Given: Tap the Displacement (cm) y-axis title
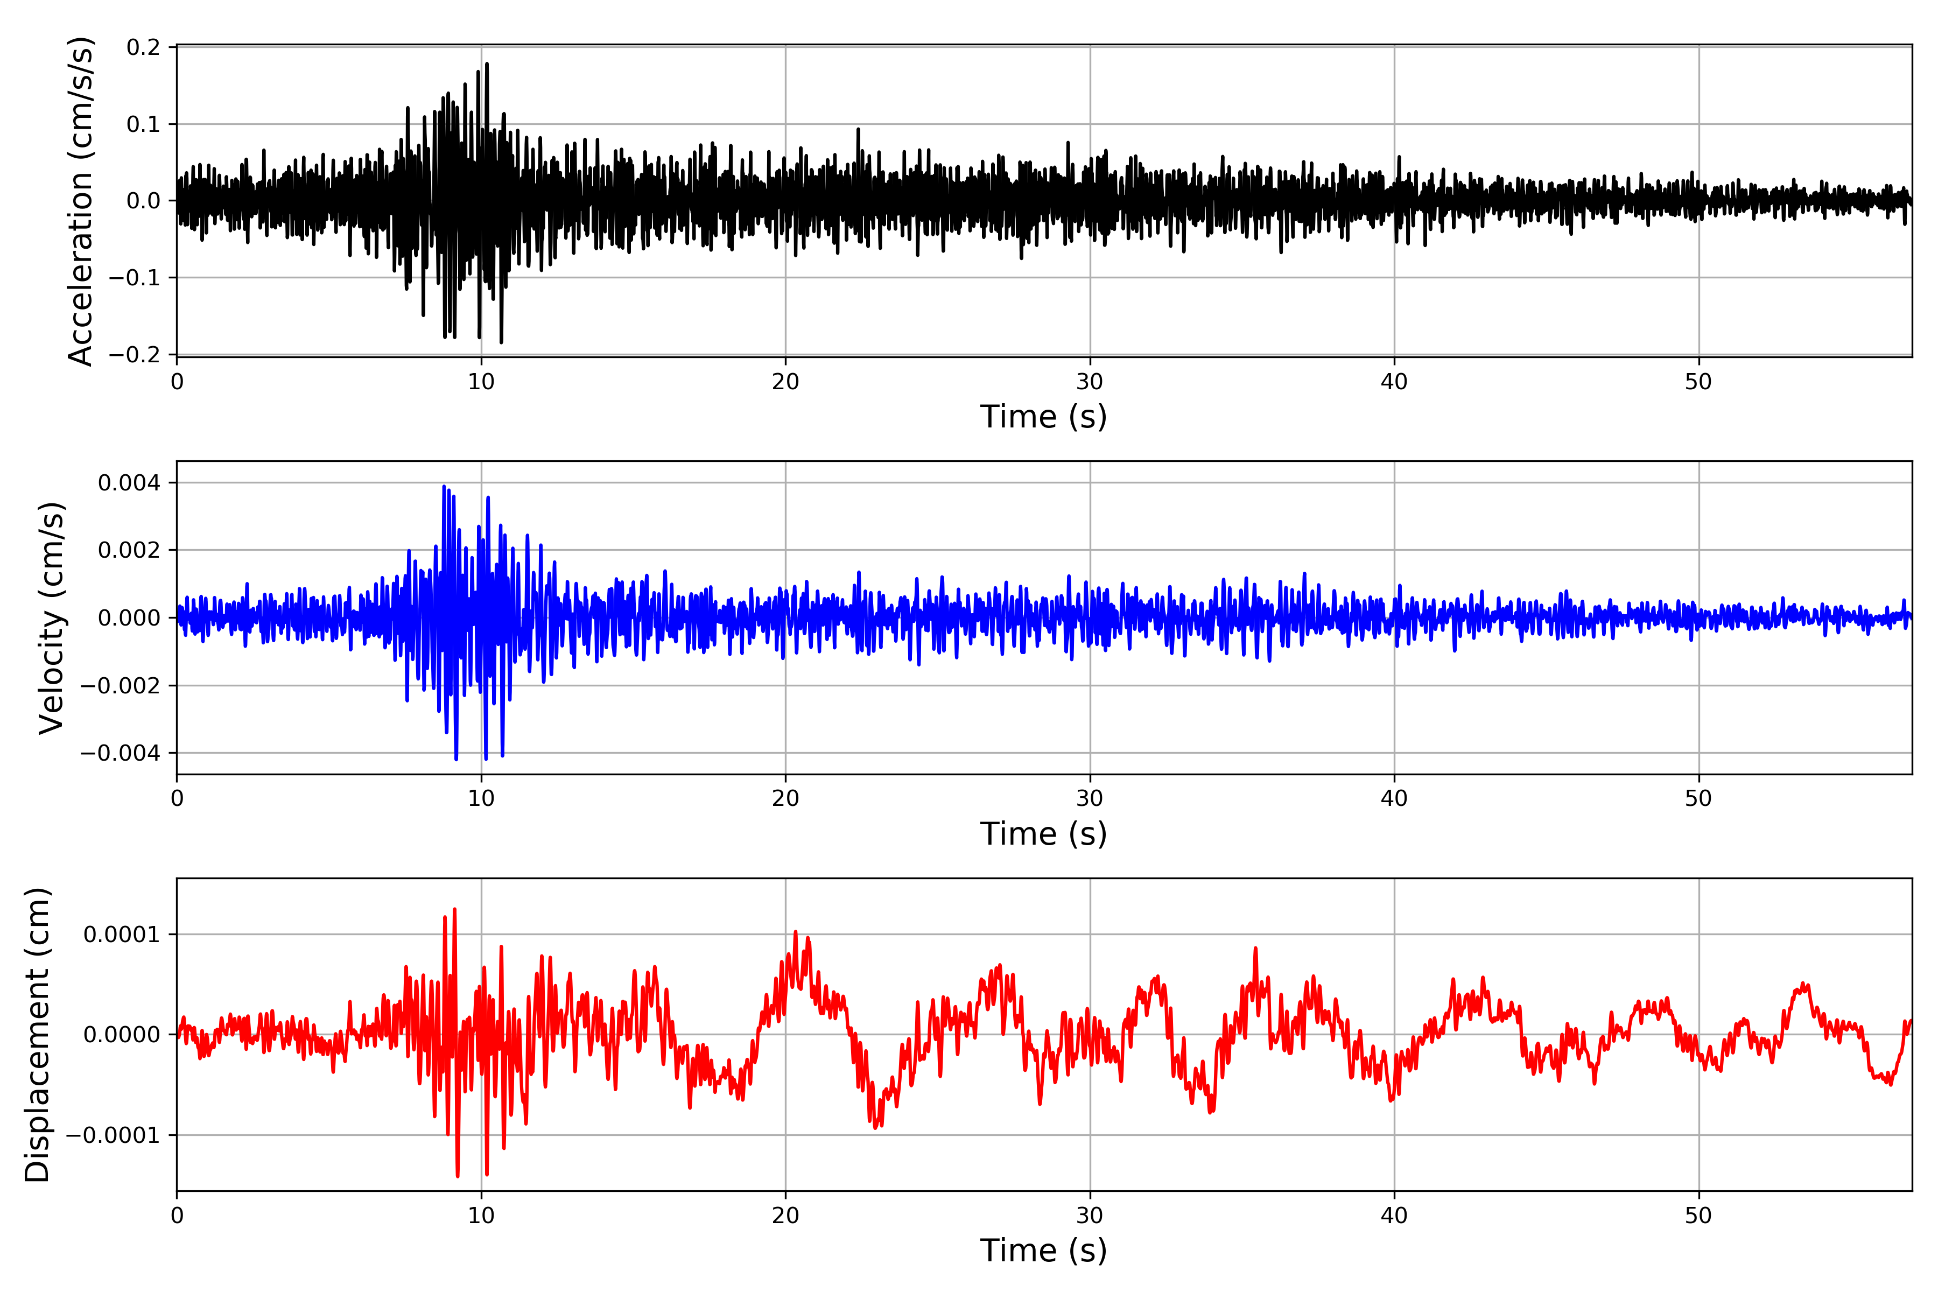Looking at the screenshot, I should click(37, 1034).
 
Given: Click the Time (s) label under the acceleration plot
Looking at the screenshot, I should click(1043, 417).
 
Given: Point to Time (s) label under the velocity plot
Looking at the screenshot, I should click(1043, 834).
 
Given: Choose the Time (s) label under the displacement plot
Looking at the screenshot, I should click(1043, 1251).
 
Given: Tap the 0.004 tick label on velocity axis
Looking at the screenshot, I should click(129, 483).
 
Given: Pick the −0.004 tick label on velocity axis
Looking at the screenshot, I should click(120, 753).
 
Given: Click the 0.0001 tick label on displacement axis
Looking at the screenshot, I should click(122, 935).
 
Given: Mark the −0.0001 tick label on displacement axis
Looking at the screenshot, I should click(113, 1135).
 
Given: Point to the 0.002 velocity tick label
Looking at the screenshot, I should click(129, 550).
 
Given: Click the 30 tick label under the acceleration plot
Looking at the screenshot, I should click(1089, 382).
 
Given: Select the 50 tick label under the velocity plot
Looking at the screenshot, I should click(1698, 798).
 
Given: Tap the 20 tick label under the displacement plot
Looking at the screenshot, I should click(785, 1216).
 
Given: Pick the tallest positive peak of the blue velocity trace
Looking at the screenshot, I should click(444, 486).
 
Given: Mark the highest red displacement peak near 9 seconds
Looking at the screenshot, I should click(455, 910).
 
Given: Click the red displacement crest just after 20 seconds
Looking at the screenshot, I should click(795, 932).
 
